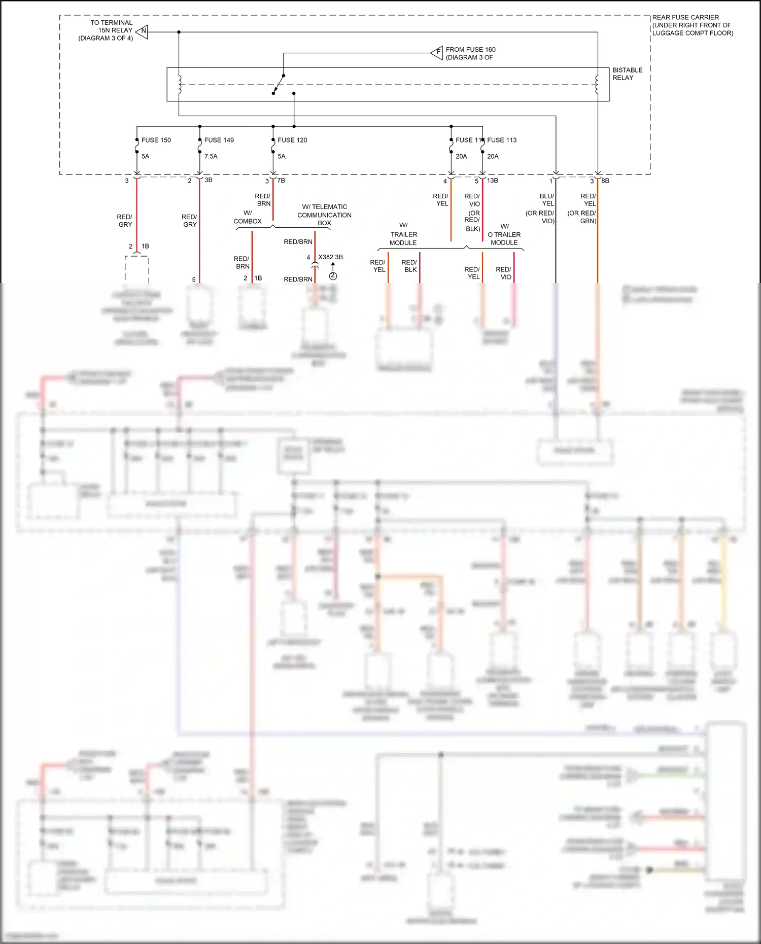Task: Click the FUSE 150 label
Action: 156,140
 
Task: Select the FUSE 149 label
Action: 219,140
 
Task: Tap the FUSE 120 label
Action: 292,140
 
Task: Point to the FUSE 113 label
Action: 502,140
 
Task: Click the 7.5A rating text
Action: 211,156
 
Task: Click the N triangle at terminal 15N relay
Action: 143,31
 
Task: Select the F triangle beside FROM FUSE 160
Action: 437,52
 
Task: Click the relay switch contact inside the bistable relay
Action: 279,84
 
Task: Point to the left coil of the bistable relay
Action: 179,84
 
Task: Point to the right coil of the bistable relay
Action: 597,84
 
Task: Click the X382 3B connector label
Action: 330,257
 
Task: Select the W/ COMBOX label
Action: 248,217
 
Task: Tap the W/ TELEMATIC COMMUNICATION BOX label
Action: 324,215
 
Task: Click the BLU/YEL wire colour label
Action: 547,200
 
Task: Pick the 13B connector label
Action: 493,181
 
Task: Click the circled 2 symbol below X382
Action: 333,276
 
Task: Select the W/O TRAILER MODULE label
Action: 504,234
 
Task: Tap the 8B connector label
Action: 605,181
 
